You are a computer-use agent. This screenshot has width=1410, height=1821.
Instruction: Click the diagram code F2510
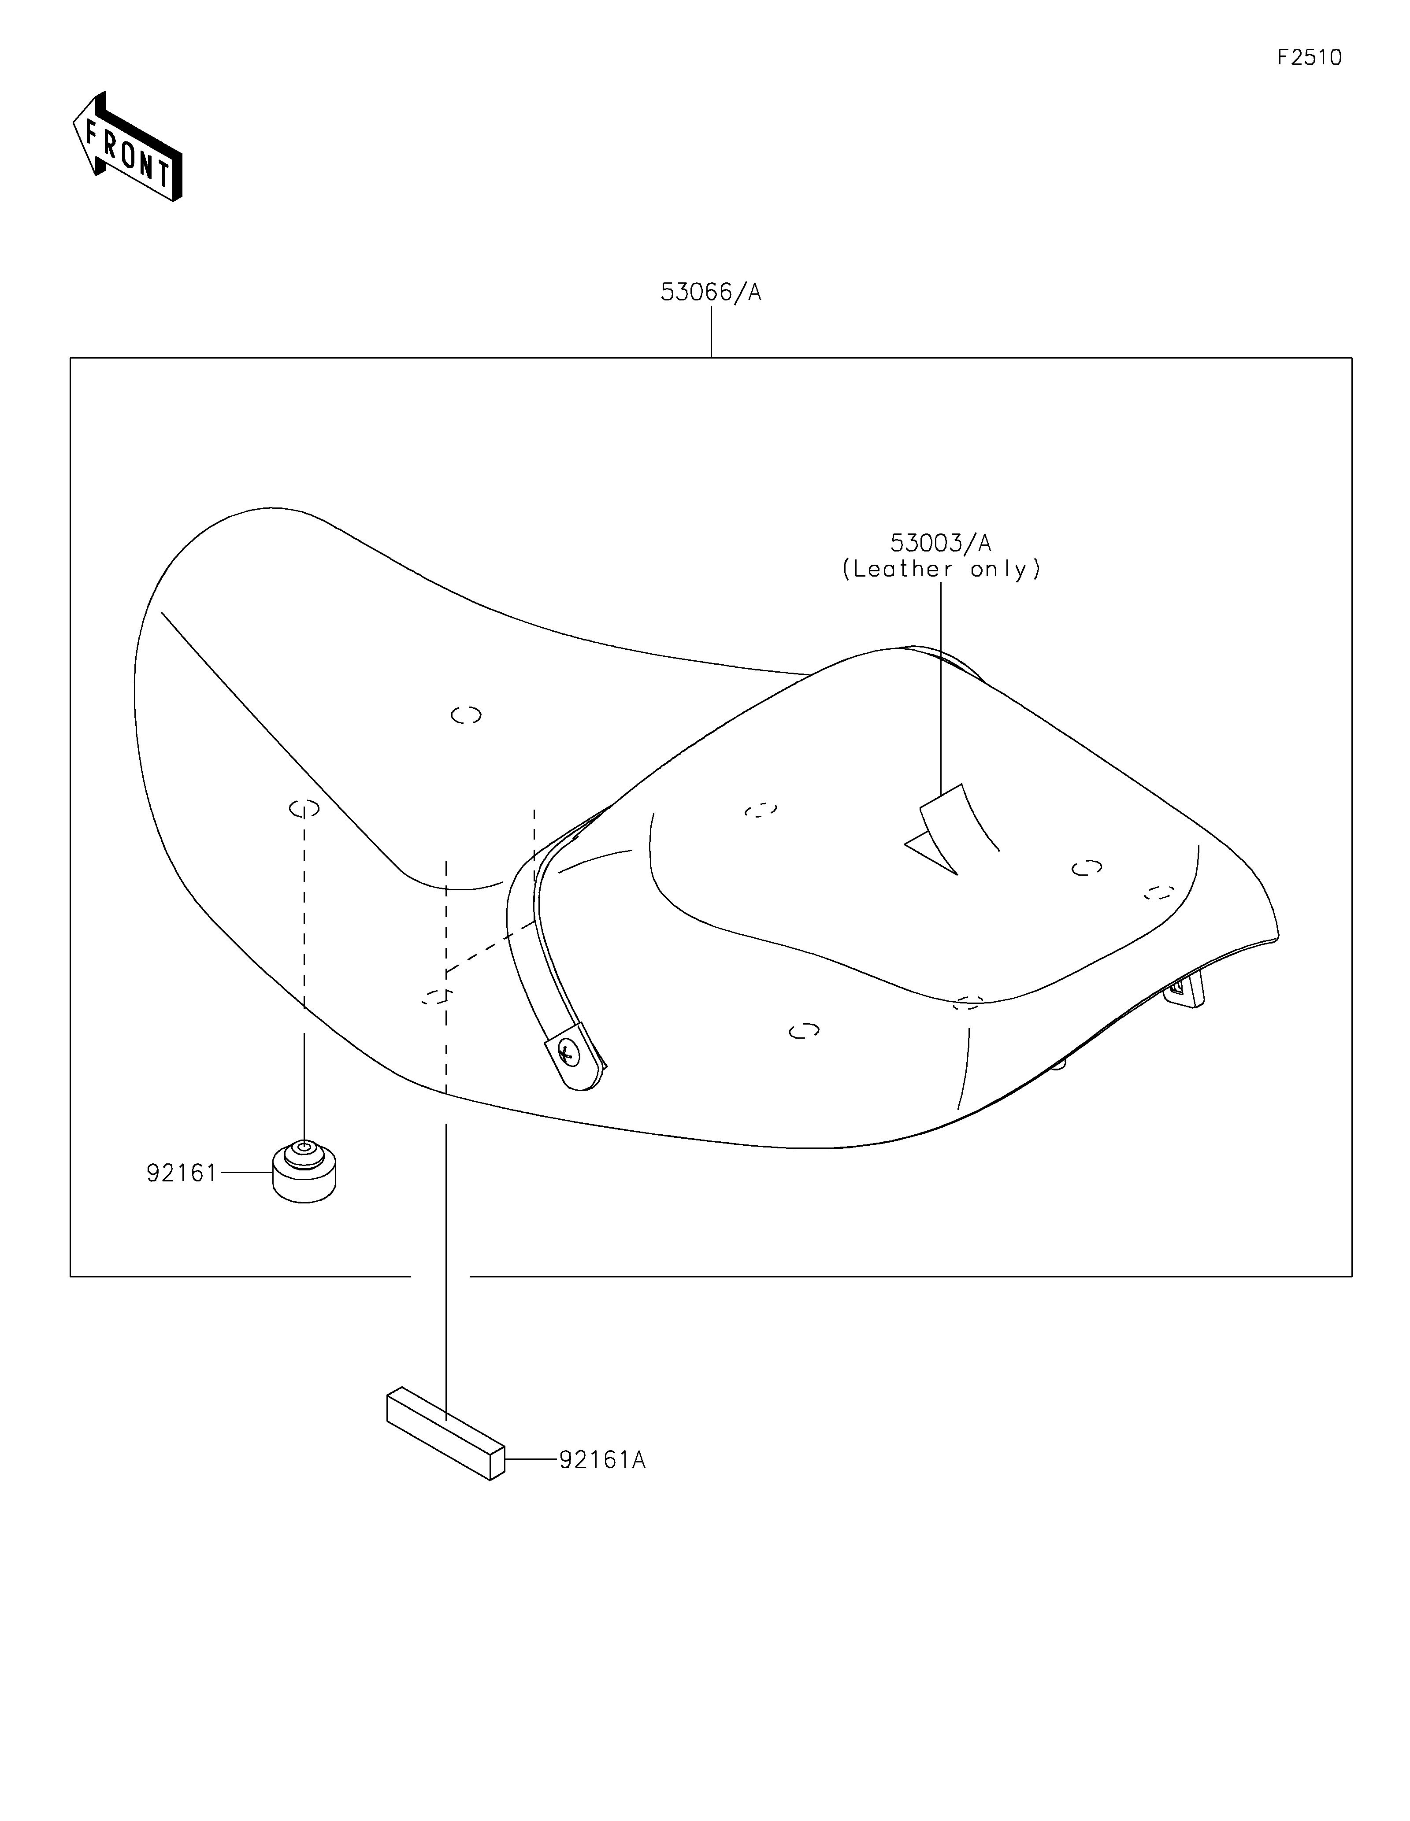(1309, 58)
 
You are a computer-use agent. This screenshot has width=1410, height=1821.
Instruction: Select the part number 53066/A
(710, 292)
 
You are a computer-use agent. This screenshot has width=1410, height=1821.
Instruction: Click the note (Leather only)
(941, 570)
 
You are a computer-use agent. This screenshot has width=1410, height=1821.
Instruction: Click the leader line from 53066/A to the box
(711, 332)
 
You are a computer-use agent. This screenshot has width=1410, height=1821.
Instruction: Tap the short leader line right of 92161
(246, 1172)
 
